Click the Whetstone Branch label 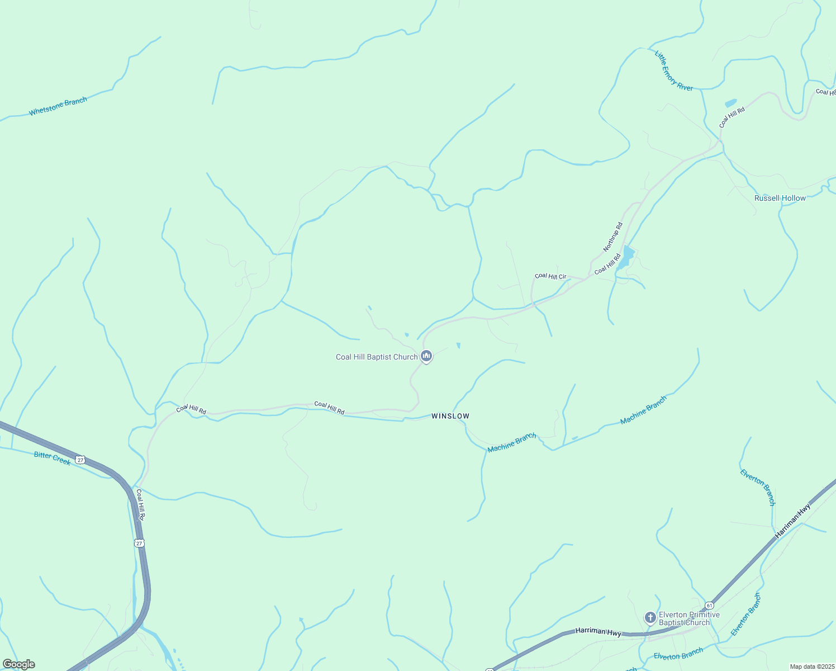(x=58, y=106)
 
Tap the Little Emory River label (x=673, y=71)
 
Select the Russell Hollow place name (x=780, y=199)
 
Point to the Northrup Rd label (x=613, y=237)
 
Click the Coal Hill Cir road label (x=550, y=276)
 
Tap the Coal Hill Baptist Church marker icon (x=426, y=356)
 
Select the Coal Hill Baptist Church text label (x=377, y=357)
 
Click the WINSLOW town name (x=450, y=416)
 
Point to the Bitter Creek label (x=53, y=458)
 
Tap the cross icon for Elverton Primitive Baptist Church (x=650, y=618)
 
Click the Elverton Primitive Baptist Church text (x=689, y=618)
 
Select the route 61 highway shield (x=709, y=605)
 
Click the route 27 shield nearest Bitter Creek (x=81, y=460)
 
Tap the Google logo (x=18, y=664)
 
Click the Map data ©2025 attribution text (x=811, y=667)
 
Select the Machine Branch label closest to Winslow (x=511, y=442)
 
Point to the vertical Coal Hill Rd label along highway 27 (x=141, y=505)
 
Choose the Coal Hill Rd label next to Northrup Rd (x=607, y=264)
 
